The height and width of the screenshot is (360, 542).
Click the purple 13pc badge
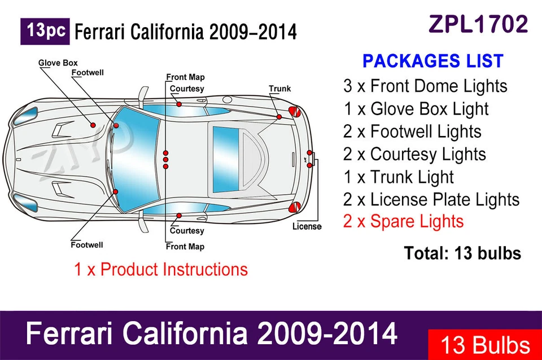(x=45, y=32)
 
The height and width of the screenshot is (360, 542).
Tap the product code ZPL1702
(x=478, y=24)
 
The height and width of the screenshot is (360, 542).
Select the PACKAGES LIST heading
(x=432, y=61)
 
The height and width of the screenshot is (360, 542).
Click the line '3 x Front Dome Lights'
(x=425, y=86)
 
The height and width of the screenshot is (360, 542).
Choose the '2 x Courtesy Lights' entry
(x=414, y=154)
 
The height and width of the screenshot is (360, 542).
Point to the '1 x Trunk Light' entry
(x=398, y=177)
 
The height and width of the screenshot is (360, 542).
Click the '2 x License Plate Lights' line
(x=431, y=199)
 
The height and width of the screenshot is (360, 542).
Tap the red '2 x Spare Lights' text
(x=403, y=221)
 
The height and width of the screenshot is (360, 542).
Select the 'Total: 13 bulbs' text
(x=462, y=253)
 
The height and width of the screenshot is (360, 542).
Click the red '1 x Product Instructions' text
(x=161, y=269)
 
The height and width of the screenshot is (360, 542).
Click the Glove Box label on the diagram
(x=58, y=63)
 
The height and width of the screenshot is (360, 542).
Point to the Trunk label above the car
(x=279, y=89)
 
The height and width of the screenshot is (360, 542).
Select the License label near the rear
(x=307, y=227)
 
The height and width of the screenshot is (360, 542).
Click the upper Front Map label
(x=185, y=77)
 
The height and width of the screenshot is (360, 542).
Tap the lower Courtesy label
(x=187, y=231)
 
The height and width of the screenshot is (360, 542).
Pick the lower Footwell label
(x=87, y=245)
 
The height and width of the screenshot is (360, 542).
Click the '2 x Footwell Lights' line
(x=412, y=131)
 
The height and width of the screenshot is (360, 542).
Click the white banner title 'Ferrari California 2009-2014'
(x=212, y=335)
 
